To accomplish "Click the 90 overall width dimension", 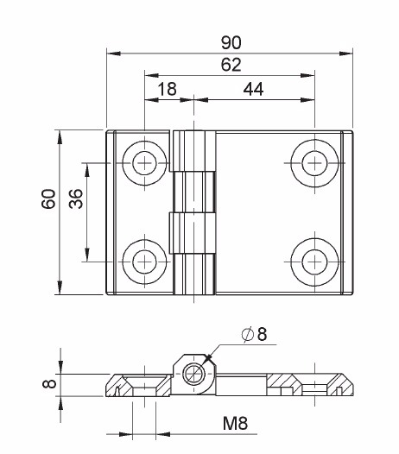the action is (x=231, y=42).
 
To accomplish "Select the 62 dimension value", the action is (x=231, y=65).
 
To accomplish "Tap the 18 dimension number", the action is (x=168, y=89).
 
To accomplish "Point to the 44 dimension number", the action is (x=254, y=89).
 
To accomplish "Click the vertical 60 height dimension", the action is (x=48, y=199).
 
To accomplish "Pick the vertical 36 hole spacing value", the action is (x=76, y=199).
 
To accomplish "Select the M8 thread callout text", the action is (x=235, y=423).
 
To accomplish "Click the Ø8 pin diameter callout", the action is (x=254, y=334).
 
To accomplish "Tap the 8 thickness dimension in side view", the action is (x=49, y=383).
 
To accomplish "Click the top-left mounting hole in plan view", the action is (x=144, y=163).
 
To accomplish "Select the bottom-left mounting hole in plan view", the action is (x=144, y=262).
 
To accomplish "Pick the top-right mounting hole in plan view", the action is (x=314, y=163).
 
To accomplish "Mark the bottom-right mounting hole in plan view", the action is (x=314, y=262).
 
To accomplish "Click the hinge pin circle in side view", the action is (x=194, y=374).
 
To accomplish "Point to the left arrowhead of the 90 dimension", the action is (x=114, y=54).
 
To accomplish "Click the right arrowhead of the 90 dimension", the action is (x=345, y=54).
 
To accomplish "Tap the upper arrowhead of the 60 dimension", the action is (x=60, y=137).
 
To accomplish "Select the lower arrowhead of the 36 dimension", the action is (x=87, y=255).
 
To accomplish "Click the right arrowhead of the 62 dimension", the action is (x=307, y=76).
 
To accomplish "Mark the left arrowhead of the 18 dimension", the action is (x=151, y=100).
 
